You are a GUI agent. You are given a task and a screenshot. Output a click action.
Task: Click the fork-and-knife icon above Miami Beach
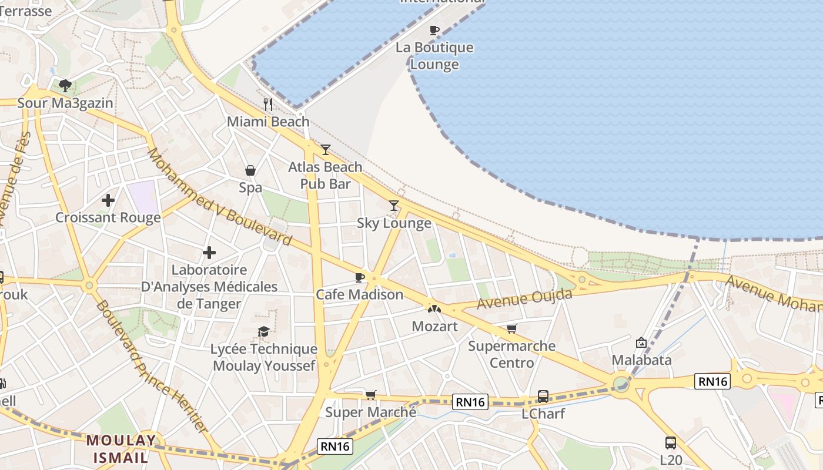(268, 105)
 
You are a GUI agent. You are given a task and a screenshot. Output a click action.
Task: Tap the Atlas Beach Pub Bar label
(325, 175)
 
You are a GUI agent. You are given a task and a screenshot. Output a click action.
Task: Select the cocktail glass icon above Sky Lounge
(394, 206)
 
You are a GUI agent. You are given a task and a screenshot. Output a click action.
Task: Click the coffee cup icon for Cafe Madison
(360, 277)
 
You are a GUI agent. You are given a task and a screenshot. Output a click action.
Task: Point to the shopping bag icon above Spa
(250, 170)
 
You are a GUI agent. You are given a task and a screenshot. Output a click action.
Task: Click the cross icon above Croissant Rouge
(108, 200)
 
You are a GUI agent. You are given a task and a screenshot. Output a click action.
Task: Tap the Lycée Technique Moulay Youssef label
(264, 357)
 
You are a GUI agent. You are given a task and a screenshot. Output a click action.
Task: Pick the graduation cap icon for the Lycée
(264, 332)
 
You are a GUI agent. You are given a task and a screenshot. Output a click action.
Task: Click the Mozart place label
(434, 326)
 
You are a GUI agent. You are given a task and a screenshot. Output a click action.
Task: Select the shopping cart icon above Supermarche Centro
(512, 329)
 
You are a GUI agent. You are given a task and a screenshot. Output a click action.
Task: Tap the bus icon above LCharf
(543, 397)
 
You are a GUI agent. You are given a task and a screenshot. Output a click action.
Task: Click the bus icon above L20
(670, 442)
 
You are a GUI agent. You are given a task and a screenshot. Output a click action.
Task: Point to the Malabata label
(641, 360)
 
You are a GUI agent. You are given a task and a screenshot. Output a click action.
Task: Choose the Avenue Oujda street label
(524, 299)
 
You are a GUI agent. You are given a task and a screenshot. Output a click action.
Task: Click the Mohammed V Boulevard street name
(219, 196)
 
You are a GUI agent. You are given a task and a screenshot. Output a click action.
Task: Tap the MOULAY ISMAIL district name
(121, 448)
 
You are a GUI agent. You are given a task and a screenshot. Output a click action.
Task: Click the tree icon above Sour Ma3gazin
(65, 86)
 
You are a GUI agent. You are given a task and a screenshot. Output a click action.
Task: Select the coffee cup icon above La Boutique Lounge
(434, 30)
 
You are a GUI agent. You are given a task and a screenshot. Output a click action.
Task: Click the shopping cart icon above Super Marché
(370, 395)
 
